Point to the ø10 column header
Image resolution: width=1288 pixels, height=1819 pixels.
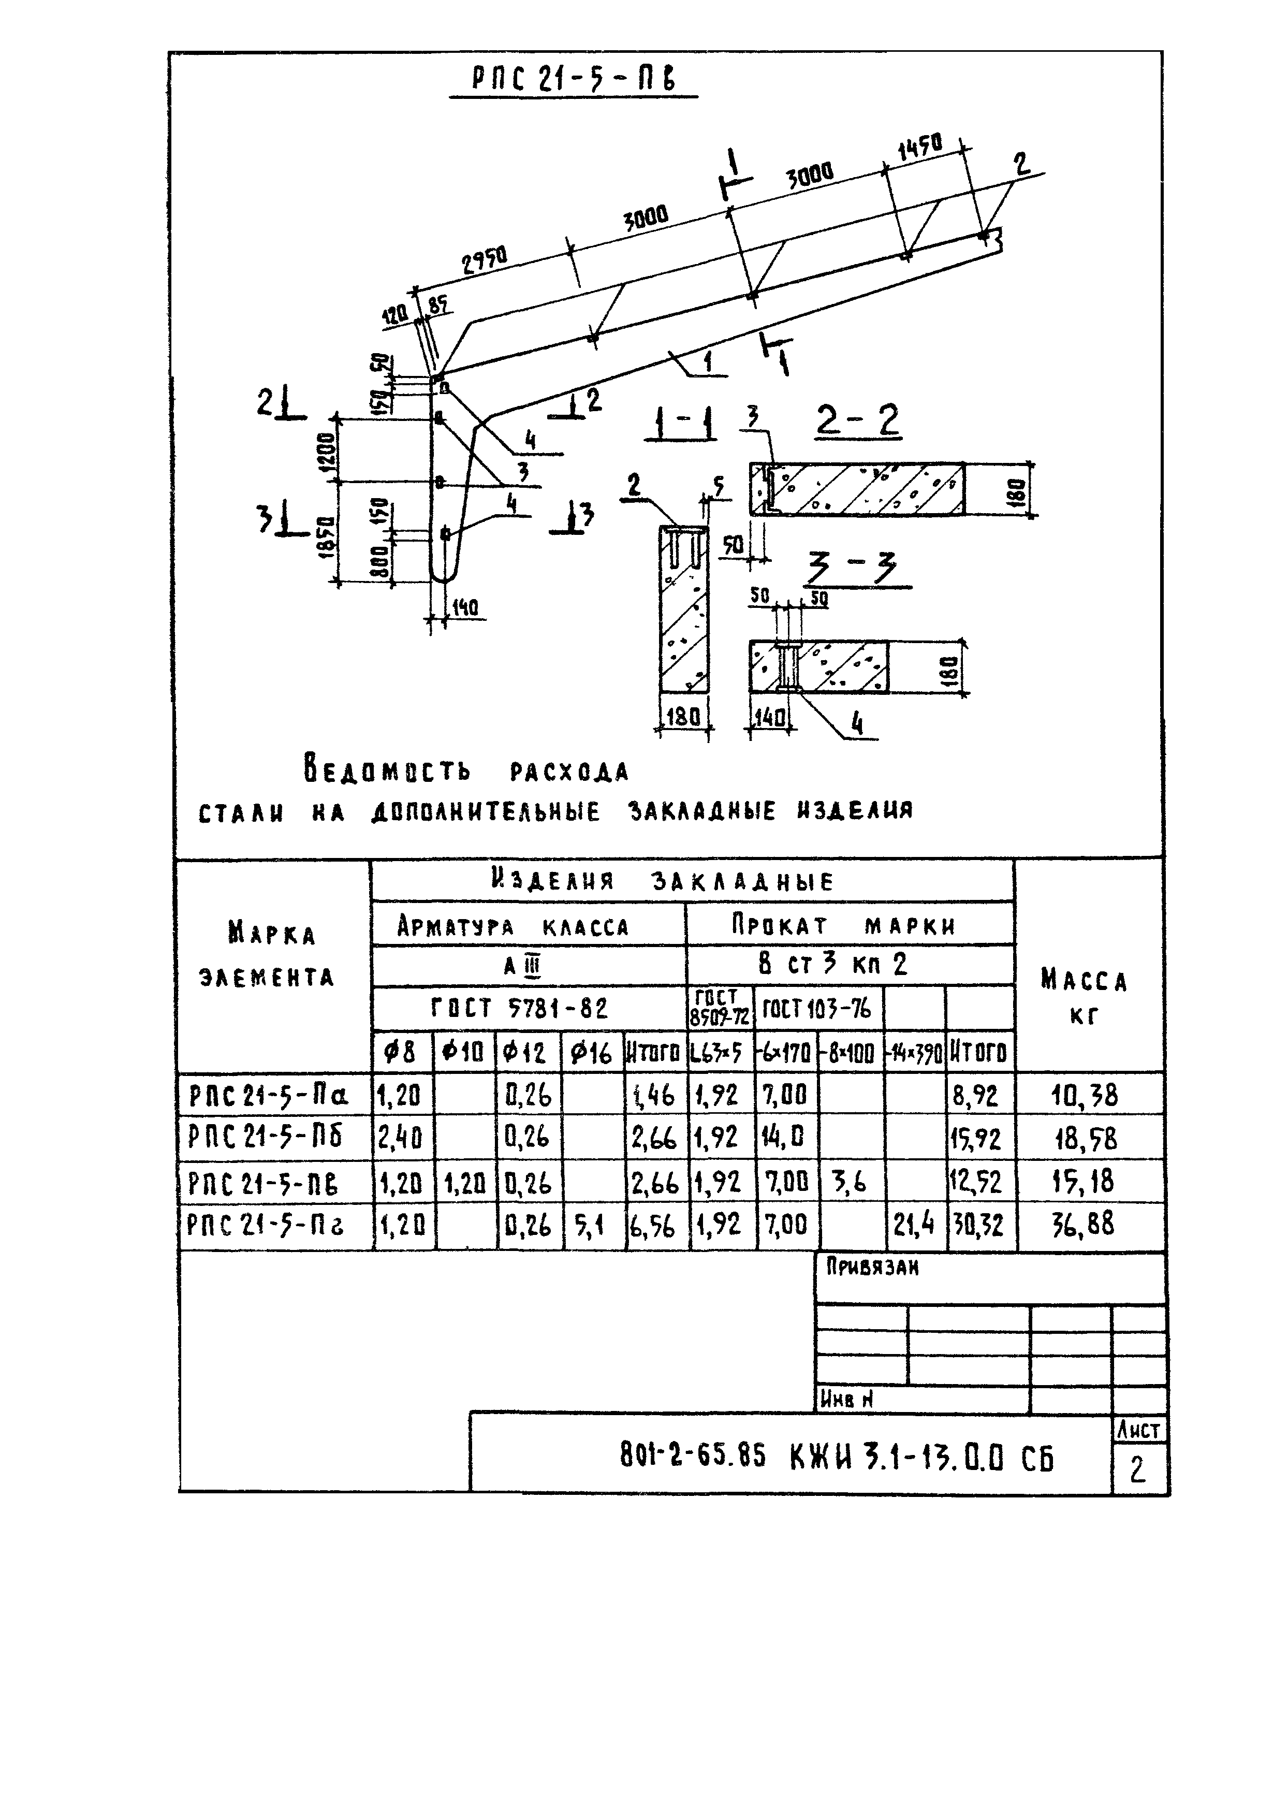[464, 1053]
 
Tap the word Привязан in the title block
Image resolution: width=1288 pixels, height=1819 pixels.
[872, 1268]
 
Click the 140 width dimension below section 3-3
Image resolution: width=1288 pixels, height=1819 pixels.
[768, 718]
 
